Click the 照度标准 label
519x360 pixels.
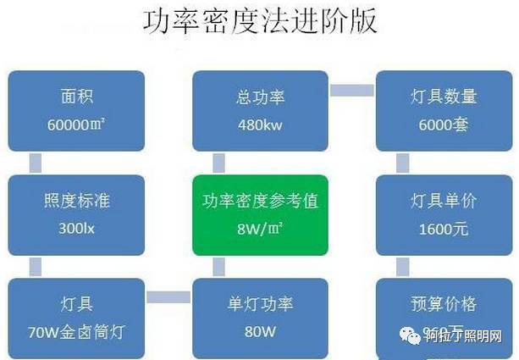(76, 201)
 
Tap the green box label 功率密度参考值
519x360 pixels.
(259, 201)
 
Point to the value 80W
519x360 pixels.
(260, 331)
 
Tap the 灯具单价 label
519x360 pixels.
(443, 201)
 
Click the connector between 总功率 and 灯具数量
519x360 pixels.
(351, 89)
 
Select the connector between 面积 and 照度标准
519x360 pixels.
(36, 161)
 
